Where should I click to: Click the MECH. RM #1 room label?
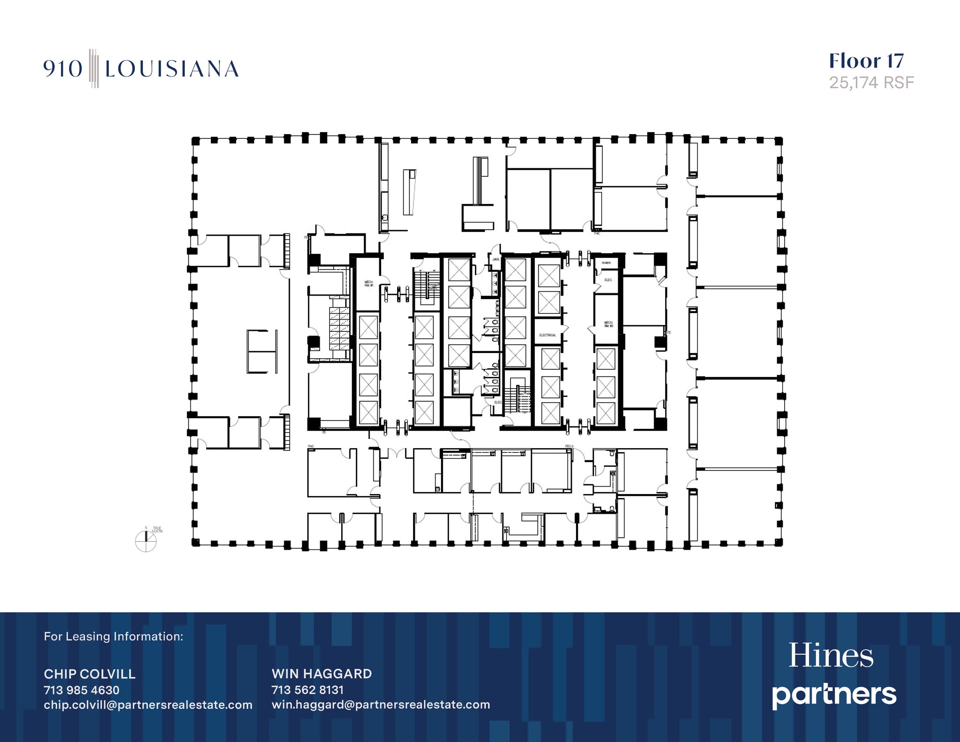coord(368,284)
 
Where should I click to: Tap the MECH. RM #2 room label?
coord(608,324)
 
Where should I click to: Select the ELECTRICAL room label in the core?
coord(547,335)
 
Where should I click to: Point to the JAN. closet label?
coord(495,259)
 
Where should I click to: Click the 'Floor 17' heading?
coord(866,61)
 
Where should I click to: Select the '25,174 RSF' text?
coord(871,83)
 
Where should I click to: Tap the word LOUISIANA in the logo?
coord(172,69)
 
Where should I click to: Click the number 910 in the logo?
coord(63,69)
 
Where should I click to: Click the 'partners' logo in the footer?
coord(834,695)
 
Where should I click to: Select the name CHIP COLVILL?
coord(90,674)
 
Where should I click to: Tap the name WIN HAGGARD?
coord(322,674)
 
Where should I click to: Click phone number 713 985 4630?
coord(82,690)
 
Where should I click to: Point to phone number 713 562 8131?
coord(307,690)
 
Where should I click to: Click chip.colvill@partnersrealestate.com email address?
coord(148,705)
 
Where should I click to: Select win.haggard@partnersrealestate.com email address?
coord(381,705)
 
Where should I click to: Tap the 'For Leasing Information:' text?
coord(113,637)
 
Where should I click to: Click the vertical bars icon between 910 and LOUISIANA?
coord(94,68)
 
